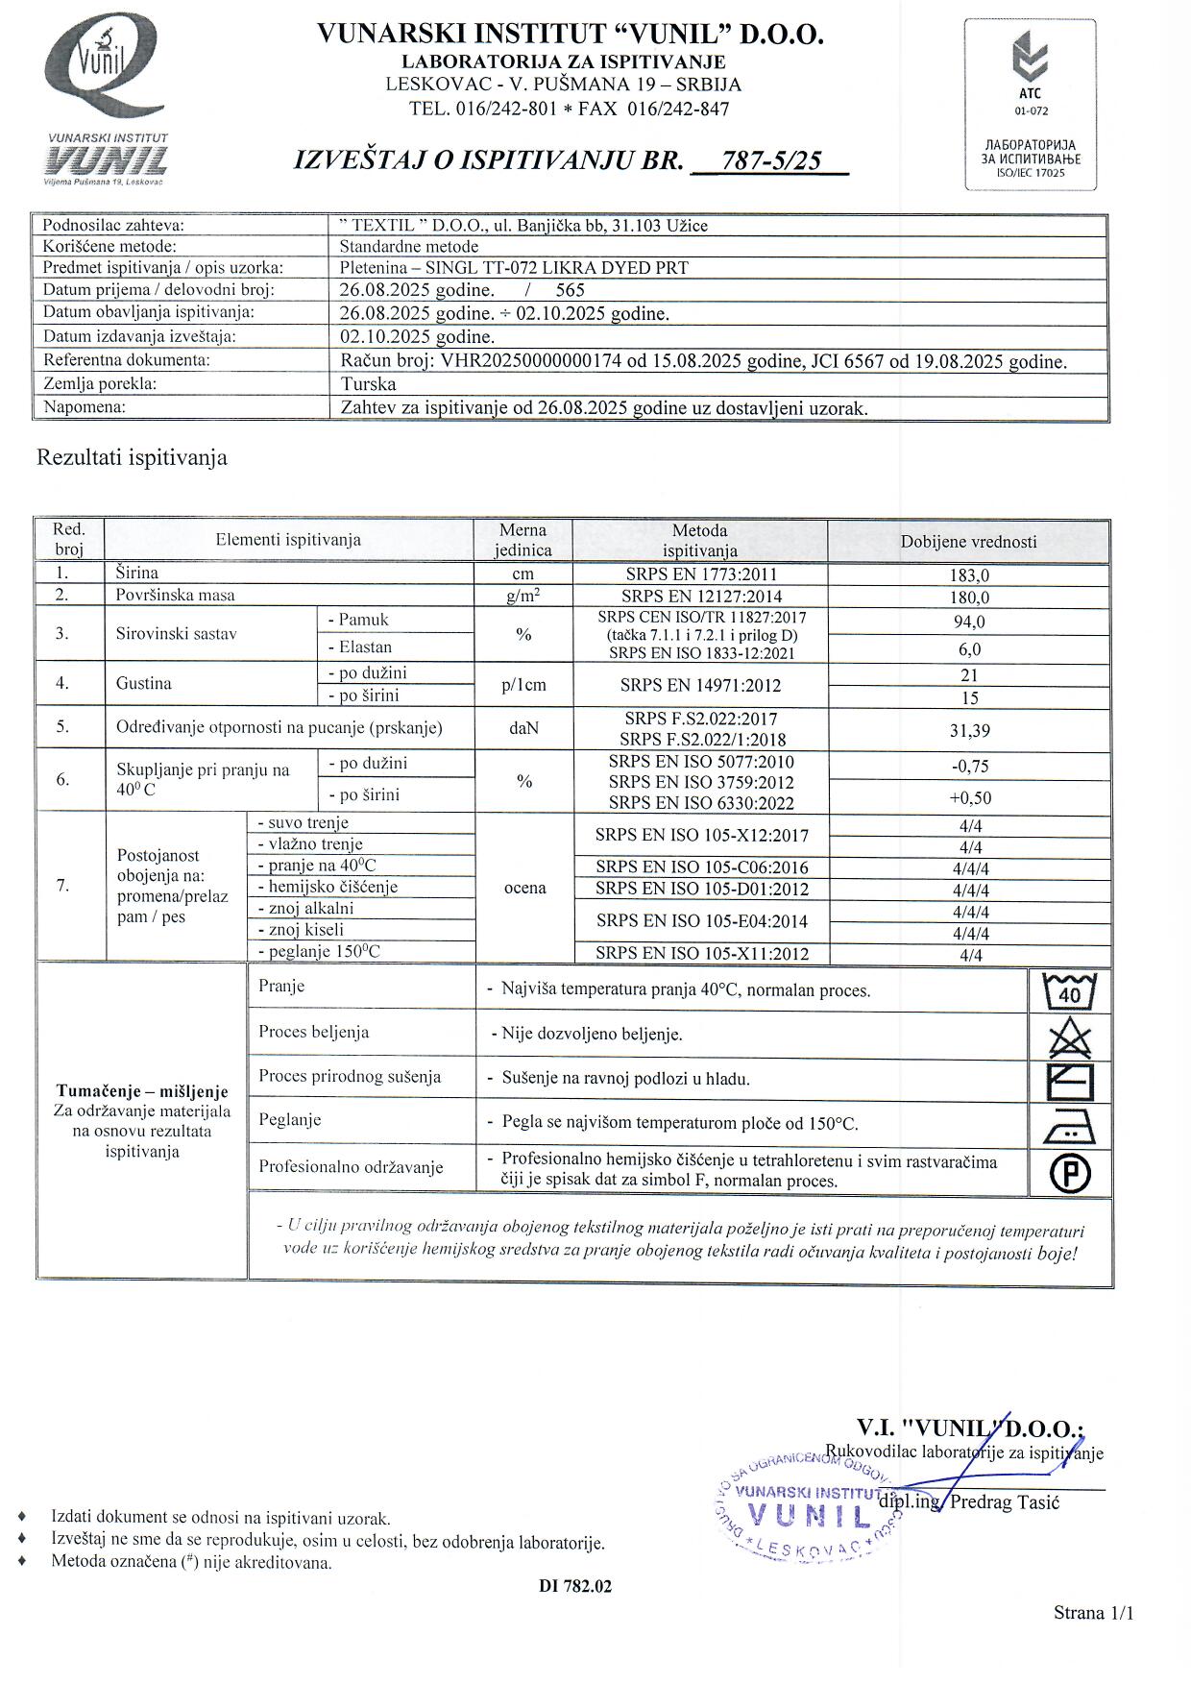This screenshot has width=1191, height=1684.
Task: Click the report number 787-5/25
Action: (772, 160)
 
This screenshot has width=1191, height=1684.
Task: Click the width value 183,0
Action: (968, 575)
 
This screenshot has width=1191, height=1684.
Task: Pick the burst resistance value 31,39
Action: (968, 731)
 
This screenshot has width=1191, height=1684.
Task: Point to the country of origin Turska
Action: (369, 383)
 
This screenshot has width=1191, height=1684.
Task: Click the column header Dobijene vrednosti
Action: (968, 542)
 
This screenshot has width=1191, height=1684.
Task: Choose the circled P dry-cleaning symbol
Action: (1069, 1173)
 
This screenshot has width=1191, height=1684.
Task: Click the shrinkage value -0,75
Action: (968, 767)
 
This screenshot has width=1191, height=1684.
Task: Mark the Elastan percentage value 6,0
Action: (968, 649)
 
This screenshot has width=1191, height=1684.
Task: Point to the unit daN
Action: (523, 729)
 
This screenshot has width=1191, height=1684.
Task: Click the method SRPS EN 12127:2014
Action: (699, 597)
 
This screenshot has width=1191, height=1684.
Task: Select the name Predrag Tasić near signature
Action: (1004, 1502)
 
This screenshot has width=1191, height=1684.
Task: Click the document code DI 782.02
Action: (575, 1586)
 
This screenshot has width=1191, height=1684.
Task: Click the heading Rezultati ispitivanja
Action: (132, 457)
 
